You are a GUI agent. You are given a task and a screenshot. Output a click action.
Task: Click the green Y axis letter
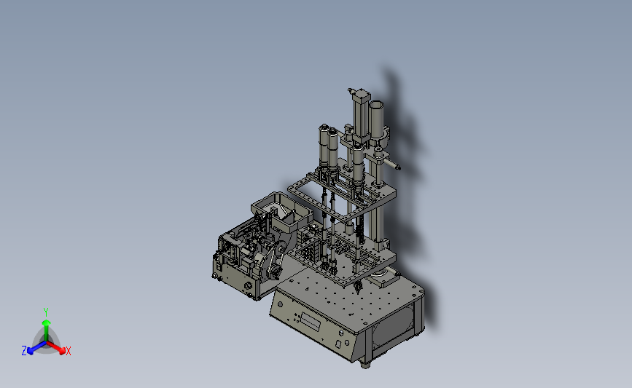click(x=45, y=312)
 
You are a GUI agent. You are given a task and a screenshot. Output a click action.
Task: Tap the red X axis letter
click(x=68, y=351)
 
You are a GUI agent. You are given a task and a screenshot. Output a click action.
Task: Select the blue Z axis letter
click(x=24, y=351)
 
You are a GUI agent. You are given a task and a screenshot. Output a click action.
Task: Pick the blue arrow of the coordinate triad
click(x=36, y=348)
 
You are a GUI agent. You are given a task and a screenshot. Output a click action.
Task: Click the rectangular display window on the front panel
click(x=311, y=321)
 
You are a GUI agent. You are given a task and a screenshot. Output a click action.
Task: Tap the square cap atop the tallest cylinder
click(x=361, y=97)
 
